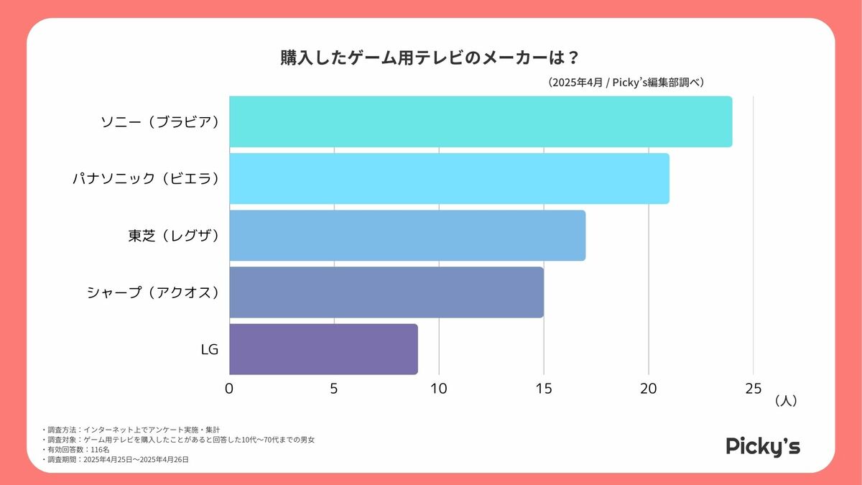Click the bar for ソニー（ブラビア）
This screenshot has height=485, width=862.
(x=481, y=121)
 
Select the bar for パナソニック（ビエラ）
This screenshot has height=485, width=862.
(x=449, y=178)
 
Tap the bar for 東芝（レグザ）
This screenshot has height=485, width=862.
(x=407, y=235)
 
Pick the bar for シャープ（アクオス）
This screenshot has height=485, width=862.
(x=386, y=292)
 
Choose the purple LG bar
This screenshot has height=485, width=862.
(x=323, y=348)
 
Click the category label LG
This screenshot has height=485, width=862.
(x=209, y=349)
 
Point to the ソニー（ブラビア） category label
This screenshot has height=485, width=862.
(x=159, y=121)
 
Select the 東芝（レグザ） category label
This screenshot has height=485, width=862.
(x=172, y=236)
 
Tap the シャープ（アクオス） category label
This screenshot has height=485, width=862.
(x=152, y=292)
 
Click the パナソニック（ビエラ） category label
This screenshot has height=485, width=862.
(x=145, y=179)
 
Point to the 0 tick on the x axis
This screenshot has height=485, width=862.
(x=229, y=389)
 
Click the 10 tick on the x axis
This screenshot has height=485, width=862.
(x=439, y=389)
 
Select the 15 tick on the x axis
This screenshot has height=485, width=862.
(x=544, y=389)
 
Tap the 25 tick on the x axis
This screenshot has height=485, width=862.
(x=753, y=389)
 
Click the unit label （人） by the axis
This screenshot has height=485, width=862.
(x=786, y=402)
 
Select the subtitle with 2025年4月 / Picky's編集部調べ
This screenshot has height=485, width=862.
(x=624, y=83)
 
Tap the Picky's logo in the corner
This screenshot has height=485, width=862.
(x=762, y=446)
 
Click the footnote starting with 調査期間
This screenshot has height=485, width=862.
(x=116, y=458)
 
